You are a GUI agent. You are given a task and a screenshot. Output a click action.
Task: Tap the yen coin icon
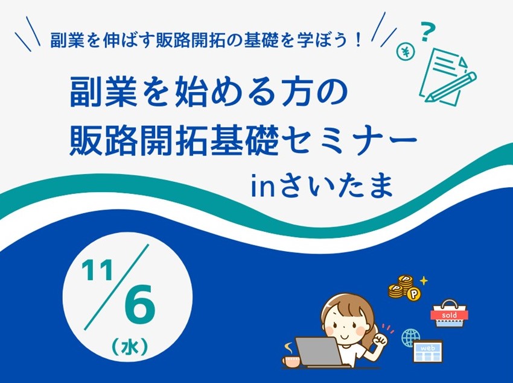point(406,52)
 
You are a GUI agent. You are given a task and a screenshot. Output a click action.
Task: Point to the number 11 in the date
point(98,270)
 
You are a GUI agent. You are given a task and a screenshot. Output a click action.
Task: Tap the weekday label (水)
point(130,347)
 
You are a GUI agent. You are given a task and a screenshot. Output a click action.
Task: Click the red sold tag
point(449,315)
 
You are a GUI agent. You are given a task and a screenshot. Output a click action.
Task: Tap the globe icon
point(410,338)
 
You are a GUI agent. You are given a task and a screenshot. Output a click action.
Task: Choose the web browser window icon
point(428,351)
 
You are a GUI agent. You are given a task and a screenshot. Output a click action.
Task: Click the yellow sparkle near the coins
point(424,281)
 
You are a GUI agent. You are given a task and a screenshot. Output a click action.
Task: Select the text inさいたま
point(322,185)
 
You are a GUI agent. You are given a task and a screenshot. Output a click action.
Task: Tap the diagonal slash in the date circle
point(116,287)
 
